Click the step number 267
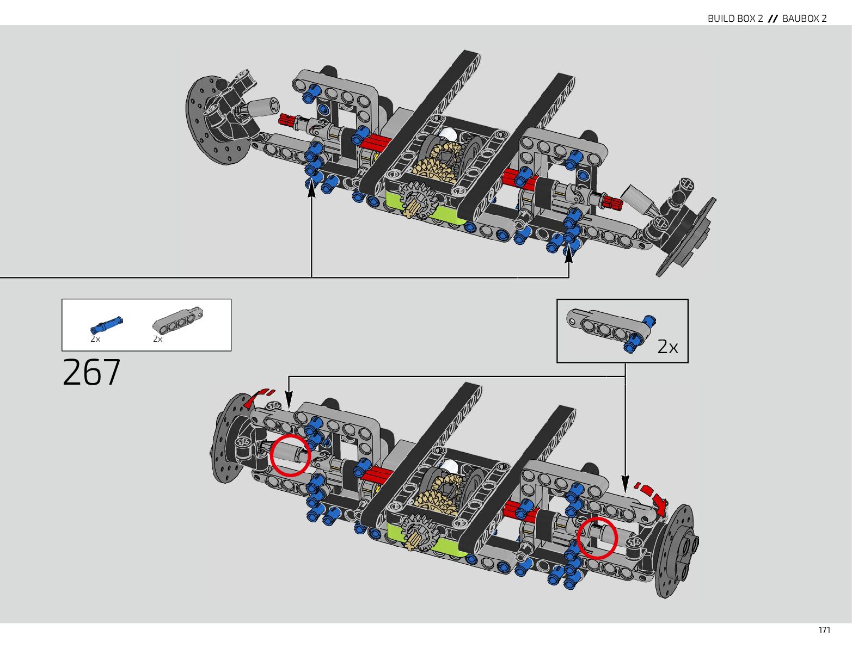point(91,373)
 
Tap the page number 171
point(824,630)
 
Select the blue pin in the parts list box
point(106,325)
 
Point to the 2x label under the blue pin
point(95,339)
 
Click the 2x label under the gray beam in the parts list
point(158,339)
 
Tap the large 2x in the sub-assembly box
point(667,347)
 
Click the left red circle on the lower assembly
point(291,455)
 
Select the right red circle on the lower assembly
point(597,538)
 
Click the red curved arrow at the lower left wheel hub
point(259,397)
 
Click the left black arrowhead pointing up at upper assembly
point(311,188)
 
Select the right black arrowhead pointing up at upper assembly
point(569,252)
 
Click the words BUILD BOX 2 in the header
point(735,18)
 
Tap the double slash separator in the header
point(773,18)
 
